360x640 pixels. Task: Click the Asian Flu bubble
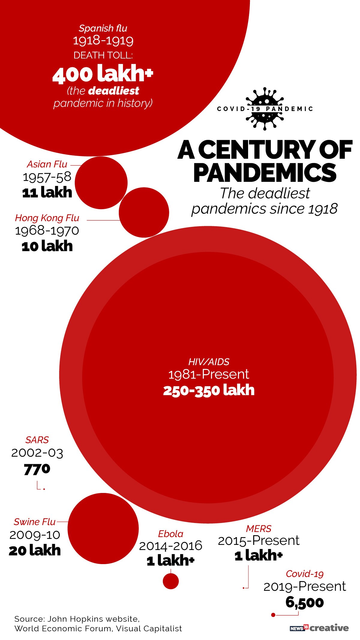tap(101, 182)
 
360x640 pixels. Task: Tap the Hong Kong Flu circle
tap(144, 212)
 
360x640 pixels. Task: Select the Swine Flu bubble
tap(103, 528)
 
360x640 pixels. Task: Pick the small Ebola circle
tap(171, 581)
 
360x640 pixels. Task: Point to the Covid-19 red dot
tap(273, 615)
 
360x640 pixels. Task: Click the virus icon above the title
tap(264, 109)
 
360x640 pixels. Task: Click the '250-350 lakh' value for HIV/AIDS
tap(209, 390)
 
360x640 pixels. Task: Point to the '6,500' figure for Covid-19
tap(304, 602)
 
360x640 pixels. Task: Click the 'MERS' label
tap(259, 528)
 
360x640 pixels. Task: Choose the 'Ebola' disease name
tap(170, 534)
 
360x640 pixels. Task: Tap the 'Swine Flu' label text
tap(35, 522)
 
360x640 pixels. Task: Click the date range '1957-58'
tap(47, 177)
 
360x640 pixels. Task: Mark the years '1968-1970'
tap(47, 230)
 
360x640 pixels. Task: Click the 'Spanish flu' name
tap(103, 28)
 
